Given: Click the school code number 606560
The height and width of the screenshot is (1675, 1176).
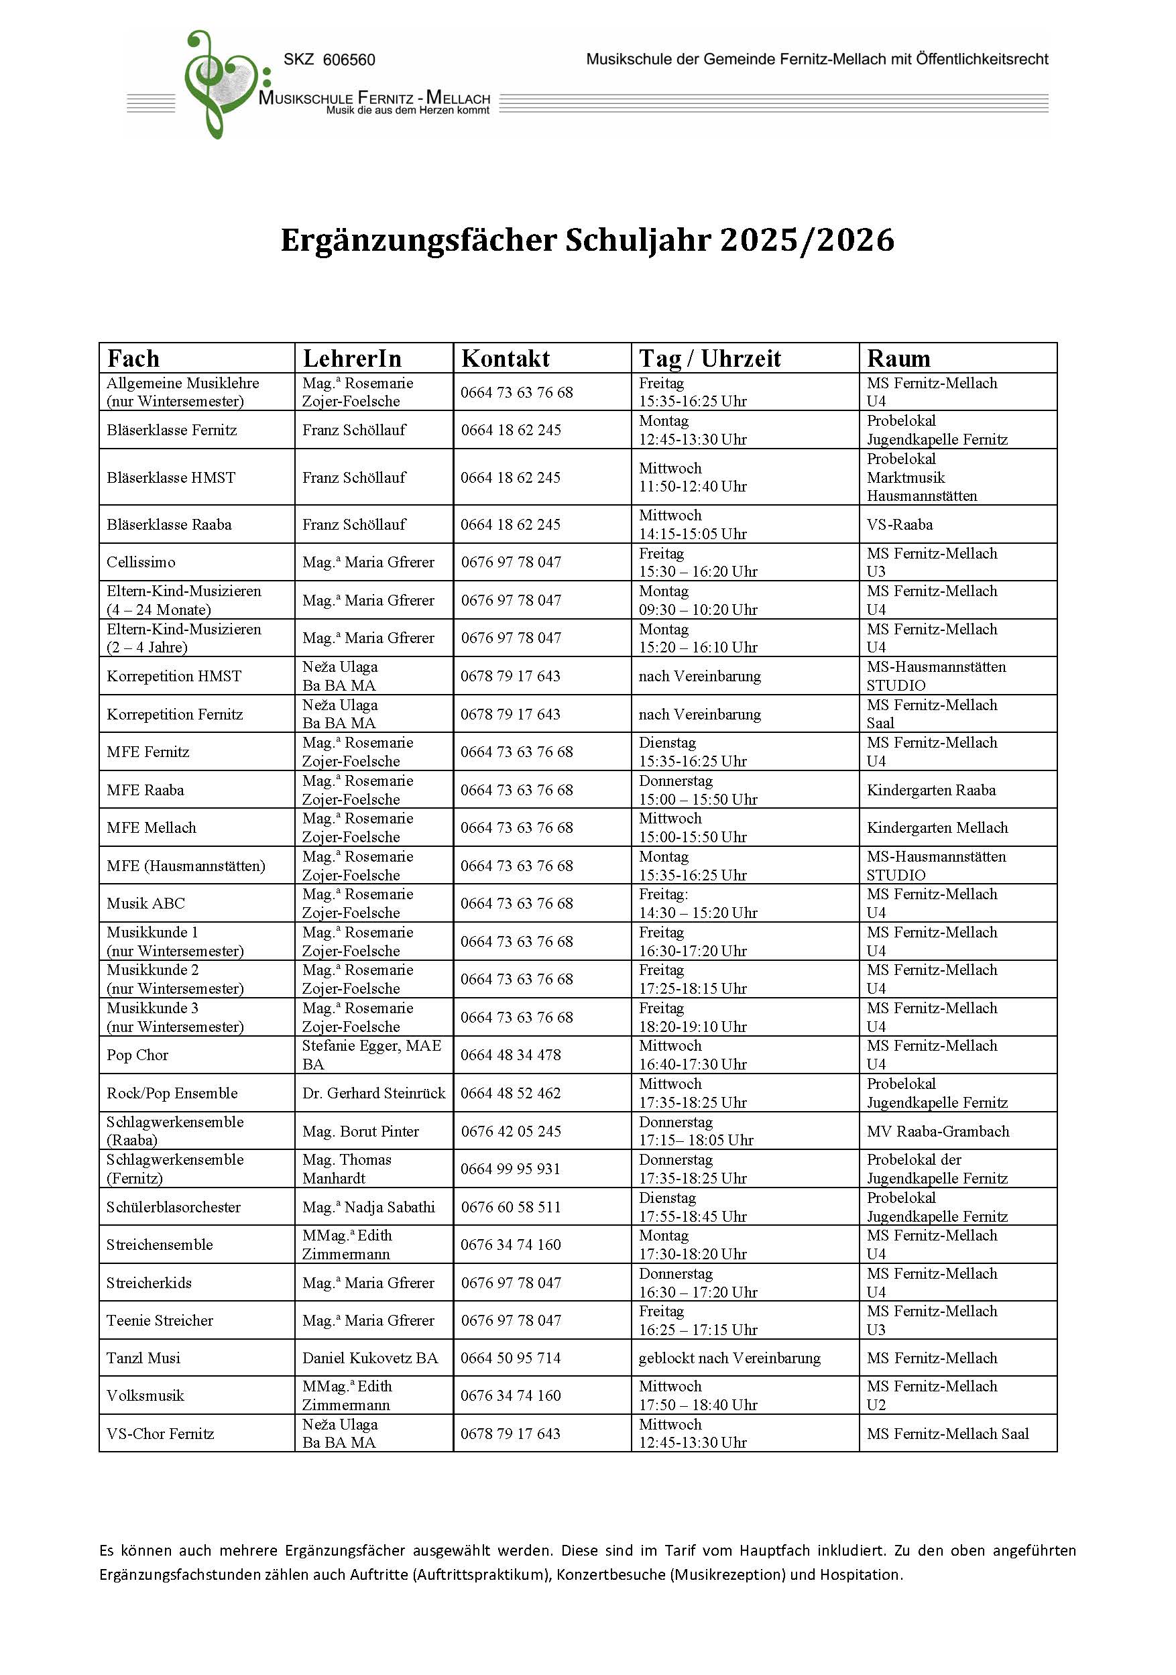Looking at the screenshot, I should [349, 60].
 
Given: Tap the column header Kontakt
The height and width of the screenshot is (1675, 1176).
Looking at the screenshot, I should [506, 358].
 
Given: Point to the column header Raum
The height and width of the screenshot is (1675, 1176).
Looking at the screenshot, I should [898, 358].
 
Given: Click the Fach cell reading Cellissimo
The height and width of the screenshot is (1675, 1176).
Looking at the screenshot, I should [141, 562].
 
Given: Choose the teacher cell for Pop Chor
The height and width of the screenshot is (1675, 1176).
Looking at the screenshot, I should [371, 1054].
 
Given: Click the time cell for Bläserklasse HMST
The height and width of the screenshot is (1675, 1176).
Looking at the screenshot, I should [693, 477].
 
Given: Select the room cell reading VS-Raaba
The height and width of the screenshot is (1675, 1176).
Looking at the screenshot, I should [900, 524].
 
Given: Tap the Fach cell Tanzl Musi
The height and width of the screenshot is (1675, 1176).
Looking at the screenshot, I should [143, 1358].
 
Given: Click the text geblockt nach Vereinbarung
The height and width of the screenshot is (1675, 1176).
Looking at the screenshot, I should [729, 1358].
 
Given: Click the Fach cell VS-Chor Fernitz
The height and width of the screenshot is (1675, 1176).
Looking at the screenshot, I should [160, 1434].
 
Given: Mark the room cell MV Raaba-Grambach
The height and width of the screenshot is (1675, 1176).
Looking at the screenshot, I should [937, 1131].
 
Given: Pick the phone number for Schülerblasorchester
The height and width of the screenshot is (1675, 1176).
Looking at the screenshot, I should [511, 1207].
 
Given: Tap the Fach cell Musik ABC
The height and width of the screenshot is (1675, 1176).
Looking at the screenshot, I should [146, 903].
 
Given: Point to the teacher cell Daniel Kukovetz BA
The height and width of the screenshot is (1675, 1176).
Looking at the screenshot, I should [370, 1358].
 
